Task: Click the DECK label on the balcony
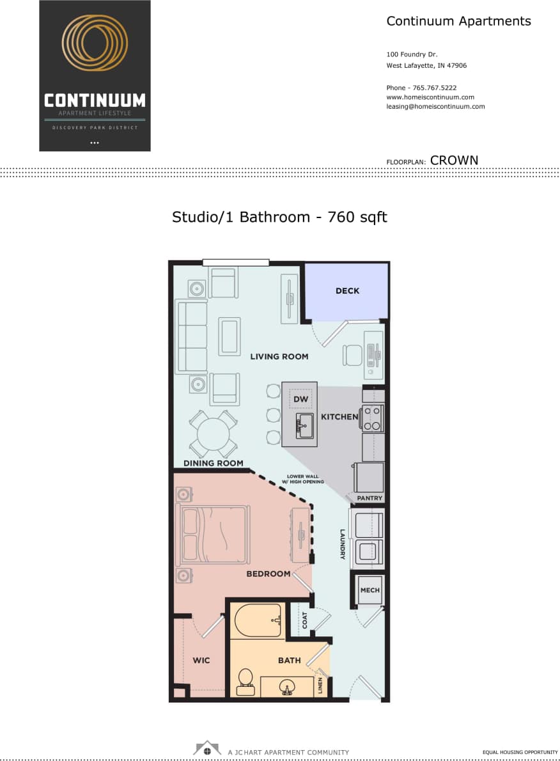(347, 291)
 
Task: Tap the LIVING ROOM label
(279, 356)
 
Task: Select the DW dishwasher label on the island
(300, 400)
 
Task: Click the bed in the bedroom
(212, 535)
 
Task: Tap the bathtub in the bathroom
(258, 621)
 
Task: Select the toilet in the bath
(245, 681)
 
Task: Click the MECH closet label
(369, 590)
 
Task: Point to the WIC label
(201, 661)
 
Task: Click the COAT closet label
(305, 619)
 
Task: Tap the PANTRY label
(369, 498)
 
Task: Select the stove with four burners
(372, 418)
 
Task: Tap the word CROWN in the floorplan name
(454, 161)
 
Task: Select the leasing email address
(435, 107)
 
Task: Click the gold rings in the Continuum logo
(95, 43)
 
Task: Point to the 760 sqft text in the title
(357, 217)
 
